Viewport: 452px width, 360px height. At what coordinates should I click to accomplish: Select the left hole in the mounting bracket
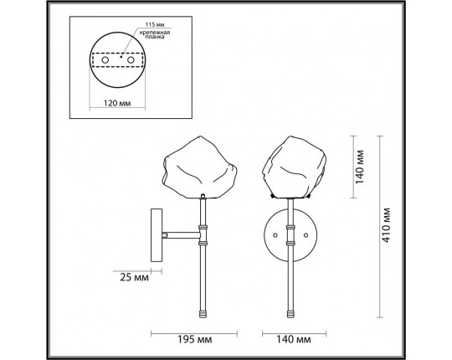point(104,60)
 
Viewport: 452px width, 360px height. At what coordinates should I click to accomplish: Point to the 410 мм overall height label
point(387,226)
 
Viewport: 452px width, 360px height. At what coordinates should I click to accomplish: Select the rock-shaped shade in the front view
point(291,167)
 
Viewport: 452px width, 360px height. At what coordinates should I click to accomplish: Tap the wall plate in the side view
point(154,236)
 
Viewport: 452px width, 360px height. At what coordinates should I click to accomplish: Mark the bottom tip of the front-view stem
point(292,316)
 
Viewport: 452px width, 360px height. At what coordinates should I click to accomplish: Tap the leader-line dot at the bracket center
point(122,57)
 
